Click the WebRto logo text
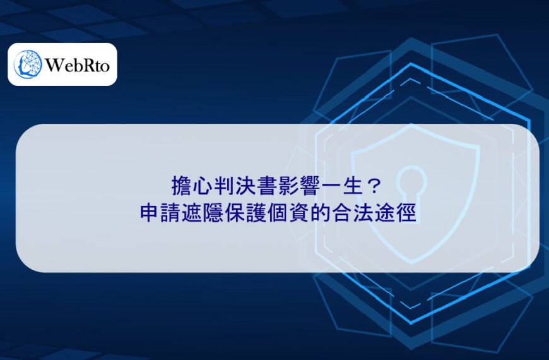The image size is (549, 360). (78, 65)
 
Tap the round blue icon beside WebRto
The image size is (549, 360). (28, 64)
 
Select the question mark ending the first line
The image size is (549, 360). (374, 186)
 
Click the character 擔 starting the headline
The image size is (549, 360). (182, 186)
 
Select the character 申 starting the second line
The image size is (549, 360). (150, 212)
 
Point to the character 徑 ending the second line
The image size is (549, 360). (406, 212)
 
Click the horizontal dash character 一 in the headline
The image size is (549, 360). (331, 186)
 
